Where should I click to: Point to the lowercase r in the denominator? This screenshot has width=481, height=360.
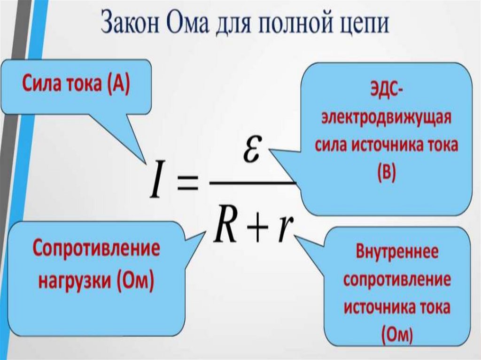(283, 230)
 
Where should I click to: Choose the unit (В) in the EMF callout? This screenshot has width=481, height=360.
(387, 172)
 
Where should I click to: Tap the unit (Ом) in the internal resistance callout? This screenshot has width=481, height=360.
(397, 334)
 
